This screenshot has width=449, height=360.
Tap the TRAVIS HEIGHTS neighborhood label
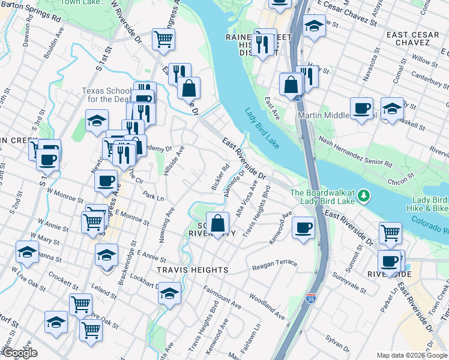193,270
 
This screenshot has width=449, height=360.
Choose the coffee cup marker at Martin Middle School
361,109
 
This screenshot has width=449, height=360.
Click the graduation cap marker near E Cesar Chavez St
314,26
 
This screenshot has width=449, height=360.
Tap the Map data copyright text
412,355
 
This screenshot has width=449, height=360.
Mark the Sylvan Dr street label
338,347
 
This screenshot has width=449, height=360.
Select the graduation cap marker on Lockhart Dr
170,294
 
